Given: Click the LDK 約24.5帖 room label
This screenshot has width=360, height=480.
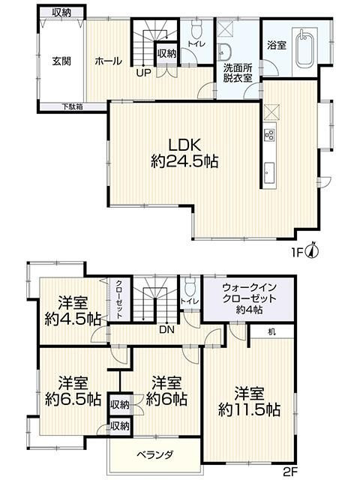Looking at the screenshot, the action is [x=184, y=152].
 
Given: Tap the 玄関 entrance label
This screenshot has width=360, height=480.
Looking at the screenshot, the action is [x=61, y=61].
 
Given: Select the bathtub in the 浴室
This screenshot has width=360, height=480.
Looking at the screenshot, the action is [x=304, y=48].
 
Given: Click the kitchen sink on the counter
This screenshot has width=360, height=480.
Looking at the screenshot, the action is [x=269, y=173].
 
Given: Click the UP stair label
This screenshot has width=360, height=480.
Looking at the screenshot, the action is [x=143, y=73].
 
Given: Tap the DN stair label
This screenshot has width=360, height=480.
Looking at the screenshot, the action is [x=166, y=330].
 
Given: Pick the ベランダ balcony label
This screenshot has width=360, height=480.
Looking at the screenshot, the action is [x=154, y=455].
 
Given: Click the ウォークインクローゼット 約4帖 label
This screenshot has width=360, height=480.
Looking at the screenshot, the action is [x=249, y=298].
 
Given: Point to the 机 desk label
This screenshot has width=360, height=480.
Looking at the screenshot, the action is [x=271, y=331].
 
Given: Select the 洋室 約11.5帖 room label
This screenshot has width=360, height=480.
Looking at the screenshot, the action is [x=249, y=401].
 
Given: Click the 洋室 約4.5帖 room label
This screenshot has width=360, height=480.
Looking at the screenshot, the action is [x=73, y=311].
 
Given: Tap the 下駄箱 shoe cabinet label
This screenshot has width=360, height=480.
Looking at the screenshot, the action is [x=73, y=106].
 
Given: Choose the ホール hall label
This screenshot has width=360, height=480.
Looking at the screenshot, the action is [x=108, y=61].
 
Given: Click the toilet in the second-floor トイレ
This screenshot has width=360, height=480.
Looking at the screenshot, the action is [x=191, y=286].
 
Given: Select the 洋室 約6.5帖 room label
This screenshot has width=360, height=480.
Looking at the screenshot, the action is [x=73, y=391].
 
